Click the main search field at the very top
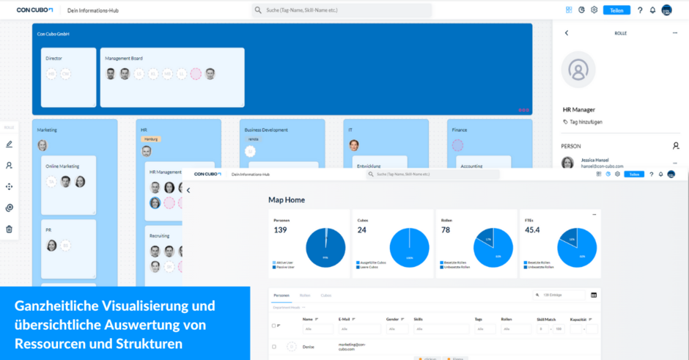(x=344, y=10)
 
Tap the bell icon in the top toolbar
(x=652, y=10)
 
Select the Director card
(x=68, y=77)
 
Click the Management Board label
(x=124, y=59)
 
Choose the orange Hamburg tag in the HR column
(x=151, y=139)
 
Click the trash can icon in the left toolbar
(x=10, y=229)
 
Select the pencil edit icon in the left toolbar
(x=10, y=144)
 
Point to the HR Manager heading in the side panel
(x=579, y=109)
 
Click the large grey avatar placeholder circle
(x=578, y=70)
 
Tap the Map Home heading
(x=287, y=199)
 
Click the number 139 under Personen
(x=280, y=230)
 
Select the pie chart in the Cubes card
(x=410, y=248)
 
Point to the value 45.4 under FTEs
(x=532, y=230)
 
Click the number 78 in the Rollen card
(x=446, y=230)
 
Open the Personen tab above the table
(x=281, y=295)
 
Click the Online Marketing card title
(x=63, y=166)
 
